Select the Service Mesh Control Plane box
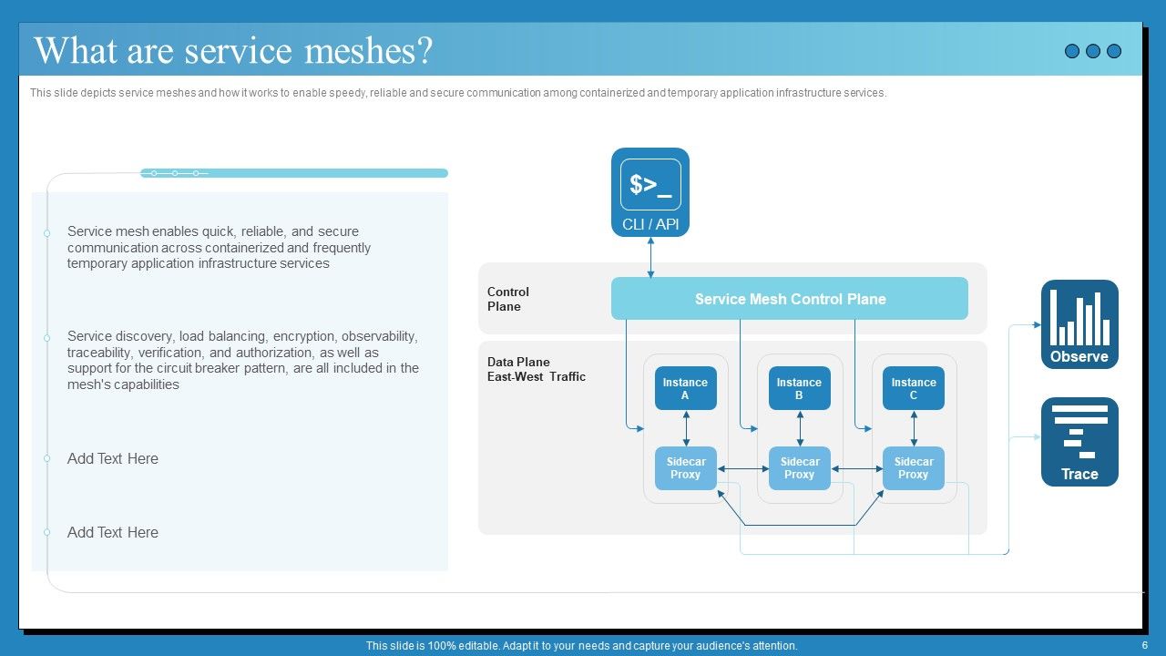coord(789,299)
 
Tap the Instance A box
coord(685,389)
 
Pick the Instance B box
coord(799,389)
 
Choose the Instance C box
coord(913,389)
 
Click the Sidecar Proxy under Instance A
coord(685,468)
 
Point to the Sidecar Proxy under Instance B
coord(799,468)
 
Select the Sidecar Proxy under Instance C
coord(913,468)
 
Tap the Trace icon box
coord(1079,441)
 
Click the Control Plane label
coord(508,299)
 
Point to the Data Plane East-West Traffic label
coord(536,369)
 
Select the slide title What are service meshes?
coord(233,51)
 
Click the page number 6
coord(1144,645)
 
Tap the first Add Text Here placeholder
coord(113,459)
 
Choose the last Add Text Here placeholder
coord(113,533)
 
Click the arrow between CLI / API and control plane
coord(650,257)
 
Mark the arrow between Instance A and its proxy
coord(686,428)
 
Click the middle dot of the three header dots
coord(1093,51)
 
